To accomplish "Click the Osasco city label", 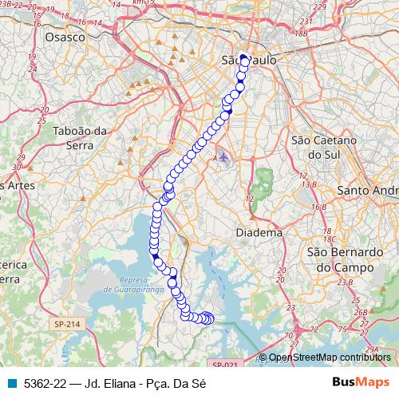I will [65, 37].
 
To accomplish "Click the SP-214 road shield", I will [68, 324].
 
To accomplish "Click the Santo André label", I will [368, 191].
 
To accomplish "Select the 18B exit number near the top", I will [300, 34].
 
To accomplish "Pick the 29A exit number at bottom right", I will [372, 349].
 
